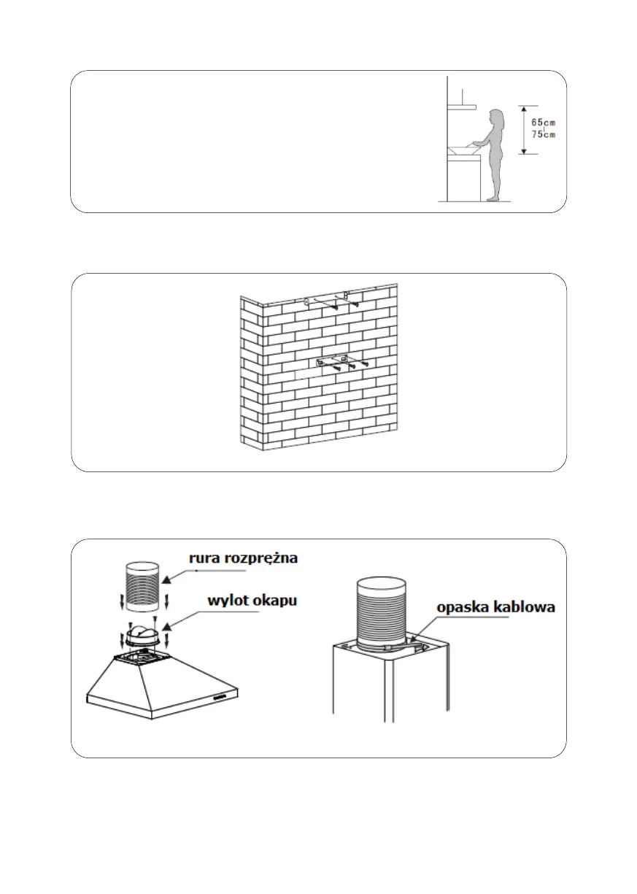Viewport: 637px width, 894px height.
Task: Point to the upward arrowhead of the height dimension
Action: pyautogui.click(x=523, y=109)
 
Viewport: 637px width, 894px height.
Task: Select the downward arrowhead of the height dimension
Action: pyautogui.click(x=523, y=150)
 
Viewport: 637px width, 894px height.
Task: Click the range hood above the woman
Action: pyautogui.click(x=461, y=107)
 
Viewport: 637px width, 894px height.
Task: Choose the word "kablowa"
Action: pyautogui.click(x=525, y=607)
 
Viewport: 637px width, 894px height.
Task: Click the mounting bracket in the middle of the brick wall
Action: pyautogui.click(x=333, y=363)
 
